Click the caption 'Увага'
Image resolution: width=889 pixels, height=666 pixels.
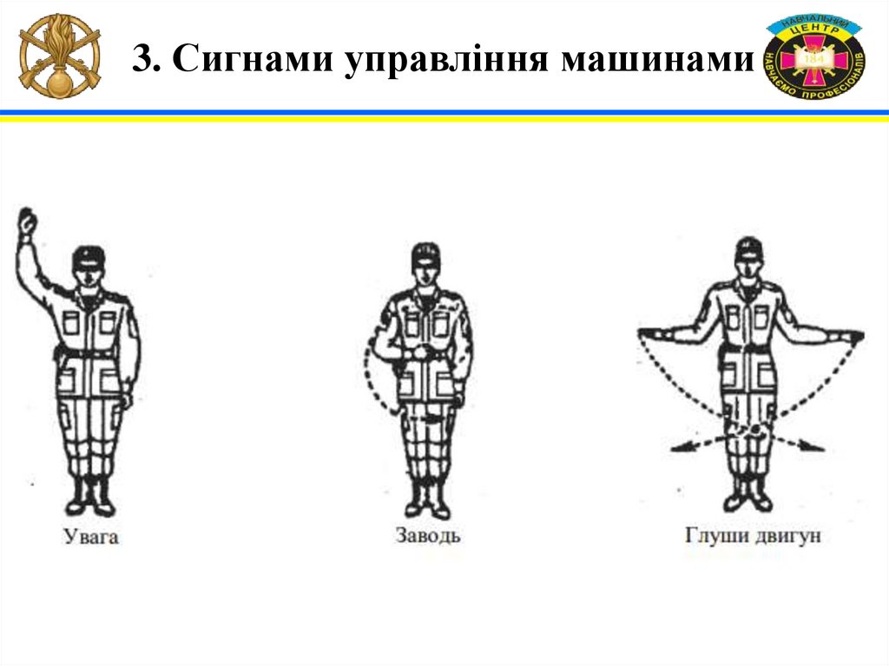click(90, 536)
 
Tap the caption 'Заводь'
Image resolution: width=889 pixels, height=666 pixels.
click(428, 535)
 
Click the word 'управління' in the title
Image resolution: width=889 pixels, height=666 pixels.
click(447, 59)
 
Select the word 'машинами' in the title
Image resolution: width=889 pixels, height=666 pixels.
click(657, 58)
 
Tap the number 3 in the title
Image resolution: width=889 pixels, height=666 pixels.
click(146, 58)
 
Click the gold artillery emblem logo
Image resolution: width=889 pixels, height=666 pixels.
click(60, 56)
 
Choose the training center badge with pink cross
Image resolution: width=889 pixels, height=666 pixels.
click(814, 56)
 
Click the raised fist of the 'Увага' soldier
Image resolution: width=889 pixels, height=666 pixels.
click(26, 221)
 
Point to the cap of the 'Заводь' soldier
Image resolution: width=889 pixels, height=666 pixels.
click(425, 253)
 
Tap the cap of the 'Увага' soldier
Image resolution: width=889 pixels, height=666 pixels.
click(89, 257)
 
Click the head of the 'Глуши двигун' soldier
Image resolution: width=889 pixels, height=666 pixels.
click(749, 258)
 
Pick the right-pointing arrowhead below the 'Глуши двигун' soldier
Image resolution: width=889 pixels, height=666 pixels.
click(814, 447)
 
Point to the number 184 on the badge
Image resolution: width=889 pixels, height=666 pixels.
click(814, 58)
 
